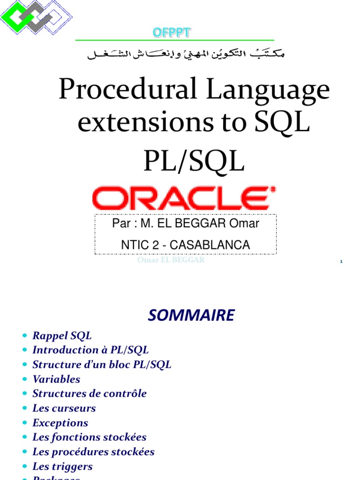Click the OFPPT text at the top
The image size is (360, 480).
point(172,32)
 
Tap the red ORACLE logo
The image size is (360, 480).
point(184,198)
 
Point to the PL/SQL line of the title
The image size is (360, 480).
point(193,161)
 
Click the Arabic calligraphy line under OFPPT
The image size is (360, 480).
point(186,54)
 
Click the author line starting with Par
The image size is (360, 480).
point(186,224)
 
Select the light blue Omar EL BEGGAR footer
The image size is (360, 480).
point(171,260)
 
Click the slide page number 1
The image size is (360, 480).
point(342,262)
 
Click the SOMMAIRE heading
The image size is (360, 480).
point(191,315)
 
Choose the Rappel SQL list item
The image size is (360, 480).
point(62,336)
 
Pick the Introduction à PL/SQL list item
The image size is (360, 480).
point(90,350)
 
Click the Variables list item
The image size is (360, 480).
point(56,379)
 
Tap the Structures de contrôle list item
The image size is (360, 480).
point(90,394)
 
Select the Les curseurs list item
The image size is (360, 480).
point(64,408)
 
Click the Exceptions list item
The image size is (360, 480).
point(60,423)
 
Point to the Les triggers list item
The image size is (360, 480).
point(62,466)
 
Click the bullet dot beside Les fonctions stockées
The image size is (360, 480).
point(24,438)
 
